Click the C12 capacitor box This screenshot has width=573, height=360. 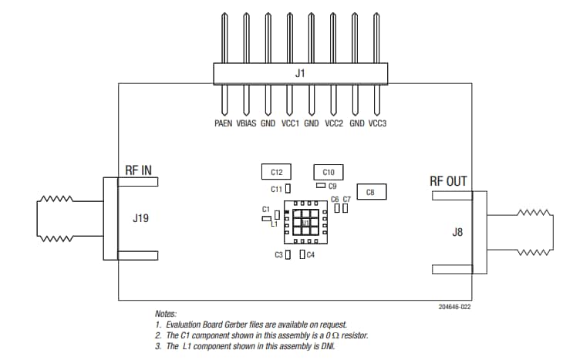point(277,171)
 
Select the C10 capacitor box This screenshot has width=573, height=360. point(328,172)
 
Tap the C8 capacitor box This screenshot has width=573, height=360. point(370,192)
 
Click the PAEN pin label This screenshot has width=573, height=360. point(224,123)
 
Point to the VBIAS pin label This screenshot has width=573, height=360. point(246,123)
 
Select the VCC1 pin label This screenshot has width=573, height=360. point(290,123)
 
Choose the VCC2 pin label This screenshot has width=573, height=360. point(334,123)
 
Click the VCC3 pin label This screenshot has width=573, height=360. point(379,123)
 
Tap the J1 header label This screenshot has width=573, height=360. point(301,74)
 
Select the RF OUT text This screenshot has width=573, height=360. point(448,181)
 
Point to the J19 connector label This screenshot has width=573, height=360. point(140,218)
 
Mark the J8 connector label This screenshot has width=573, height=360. point(459,230)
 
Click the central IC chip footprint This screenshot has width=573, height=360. point(305,223)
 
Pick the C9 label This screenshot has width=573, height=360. point(333,186)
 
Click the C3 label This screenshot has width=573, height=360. point(278,254)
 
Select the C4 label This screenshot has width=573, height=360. point(311,254)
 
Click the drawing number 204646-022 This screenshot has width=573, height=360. point(454,306)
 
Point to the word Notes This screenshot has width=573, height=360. point(166,314)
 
